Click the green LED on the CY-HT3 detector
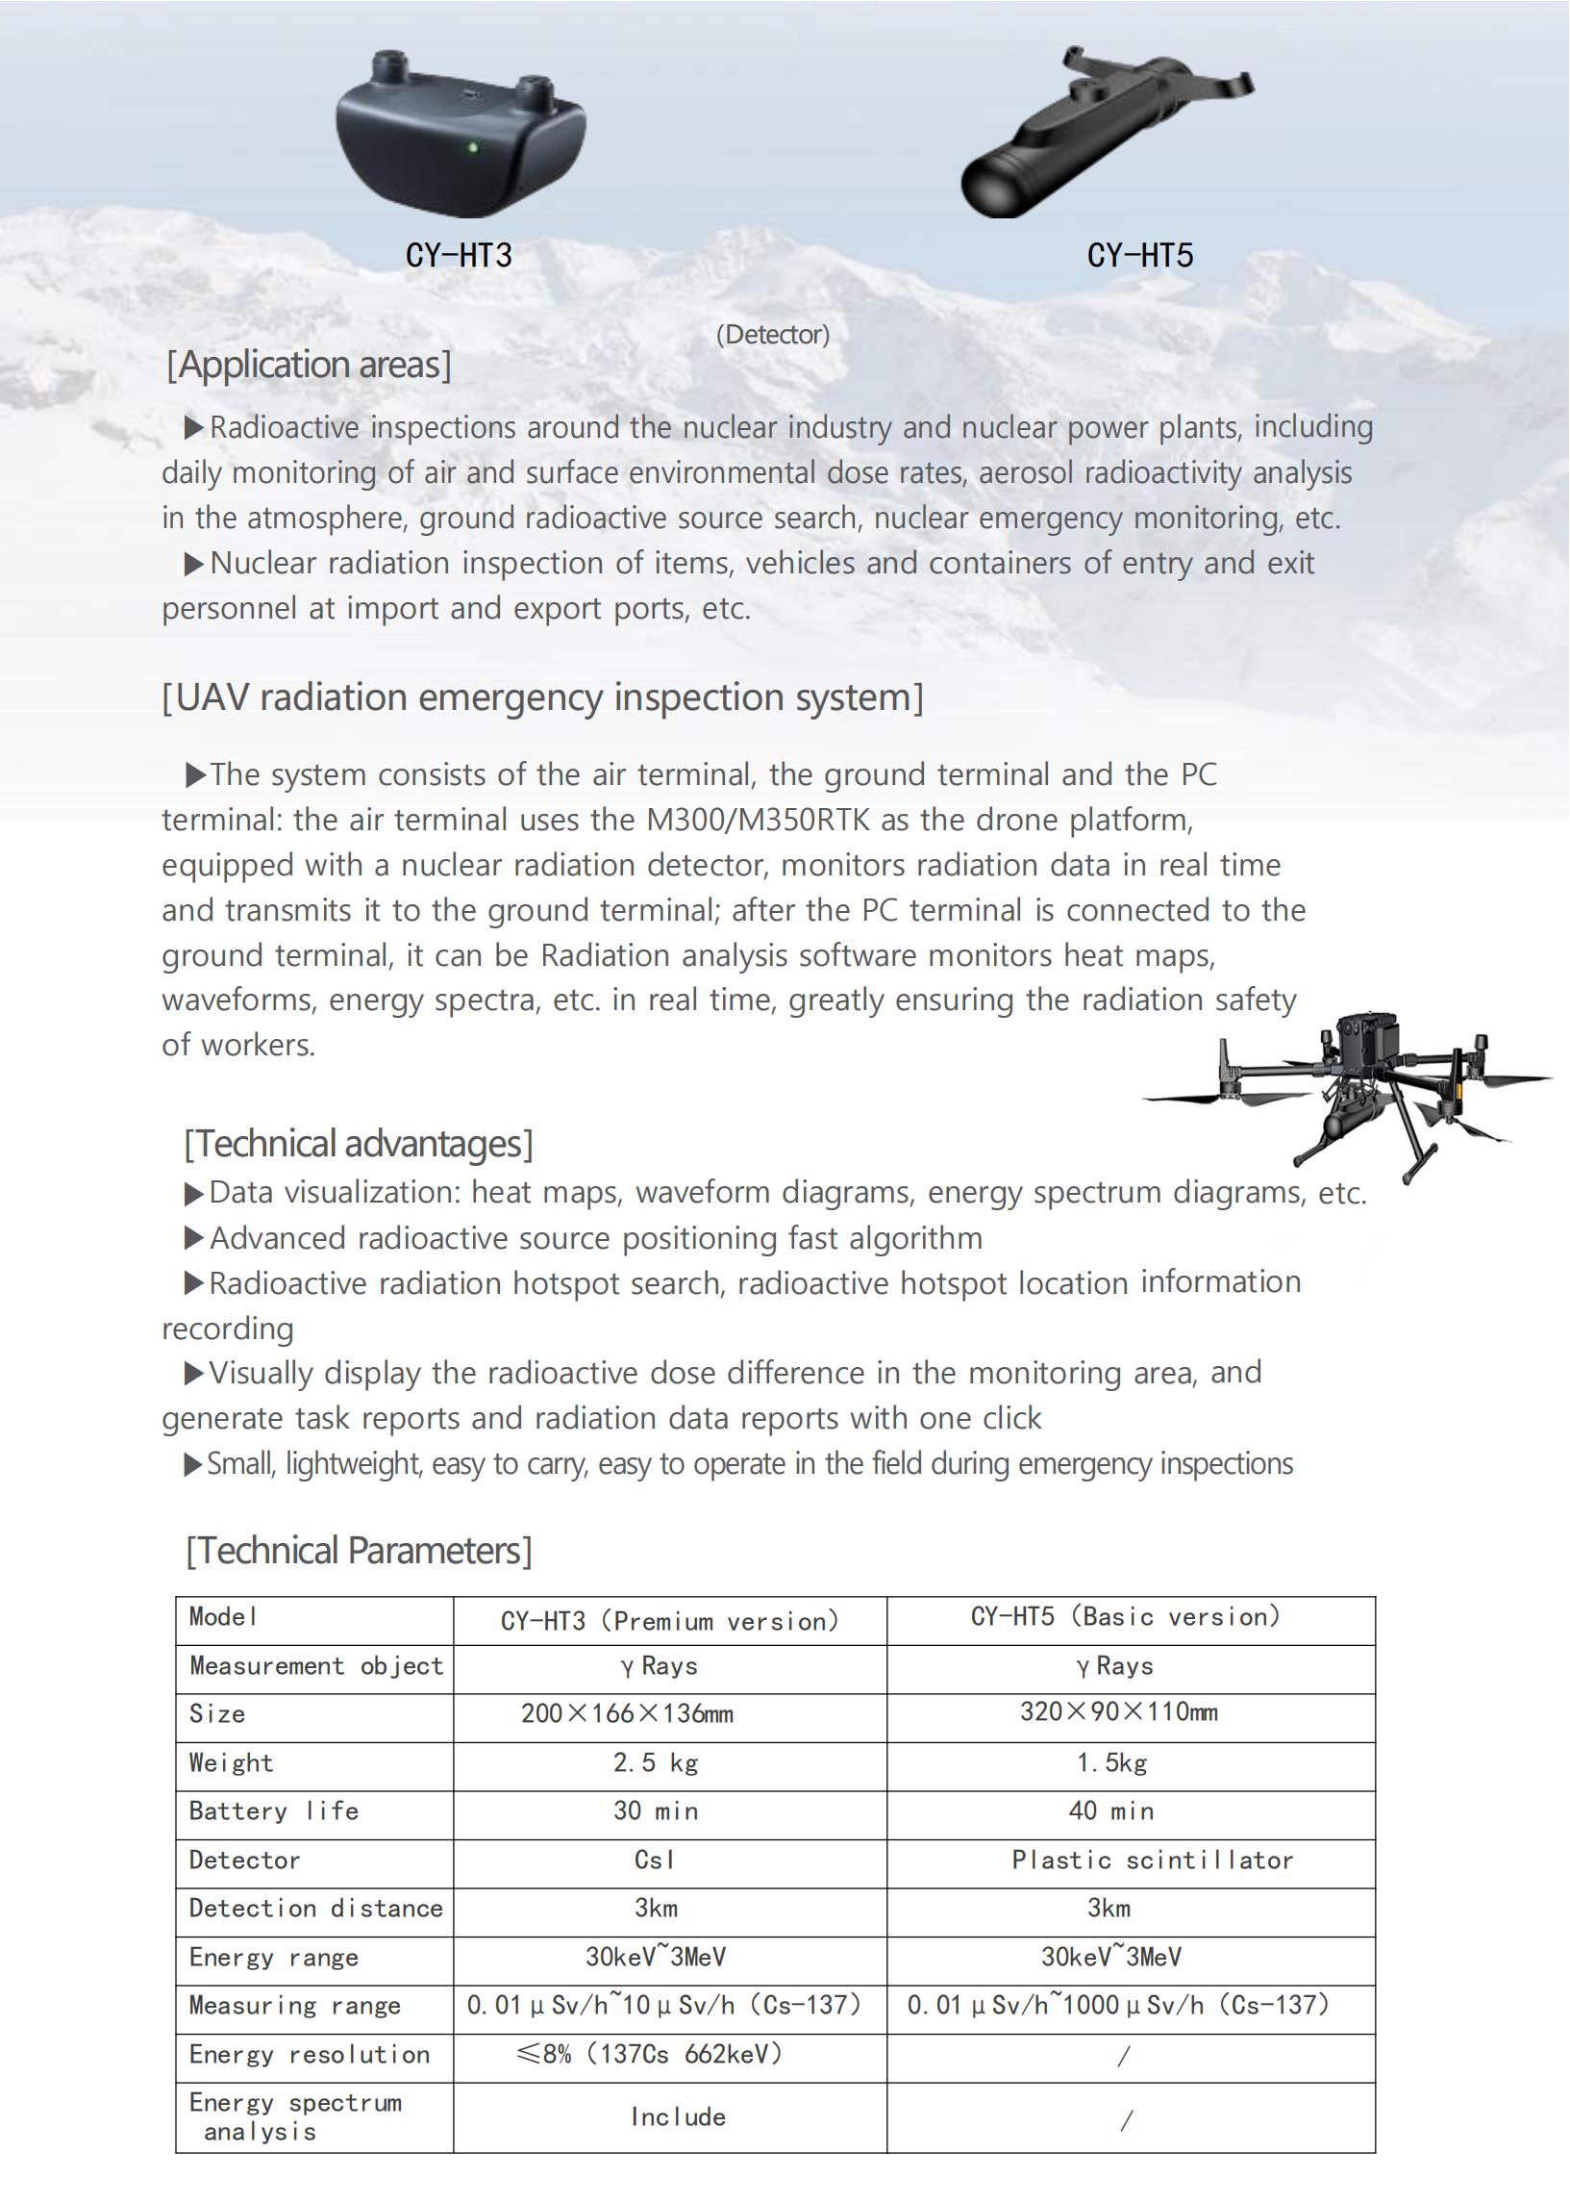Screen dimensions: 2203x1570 pyautogui.click(x=473, y=148)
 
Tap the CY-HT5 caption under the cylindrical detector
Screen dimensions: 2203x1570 pyautogui.click(x=1140, y=255)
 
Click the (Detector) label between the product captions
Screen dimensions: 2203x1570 pyautogui.click(x=772, y=335)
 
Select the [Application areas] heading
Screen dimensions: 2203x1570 pyautogui.click(x=309, y=366)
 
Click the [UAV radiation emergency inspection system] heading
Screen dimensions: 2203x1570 pyautogui.click(x=542, y=697)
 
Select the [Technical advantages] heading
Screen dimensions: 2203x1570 pyautogui.click(x=358, y=1144)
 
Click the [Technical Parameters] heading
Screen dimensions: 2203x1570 pyautogui.click(x=358, y=1550)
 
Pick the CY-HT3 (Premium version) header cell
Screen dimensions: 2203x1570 pyautogui.click(x=669, y=1621)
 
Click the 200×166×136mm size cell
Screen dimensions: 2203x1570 pyautogui.click(x=627, y=1713)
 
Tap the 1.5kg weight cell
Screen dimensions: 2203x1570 pyautogui.click(x=1111, y=1763)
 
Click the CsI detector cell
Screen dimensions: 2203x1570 pyautogui.click(x=655, y=1860)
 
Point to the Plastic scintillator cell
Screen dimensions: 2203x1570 pyautogui.click(x=1152, y=1860)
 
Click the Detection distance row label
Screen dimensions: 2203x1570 pyautogui.click(x=315, y=1908)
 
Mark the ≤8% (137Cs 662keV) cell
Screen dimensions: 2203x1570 pyautogui.click(x=650, y=2054)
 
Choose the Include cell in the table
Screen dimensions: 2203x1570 pyautogui.click(x=678, y=2117)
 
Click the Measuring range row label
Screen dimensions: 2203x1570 pyautogui.click(x=294, y=2006)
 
